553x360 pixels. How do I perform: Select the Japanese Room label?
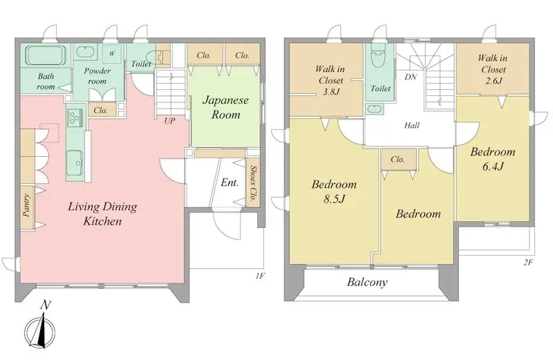pyautogui.click(x=221, y=108)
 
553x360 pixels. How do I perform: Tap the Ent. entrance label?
pyautogui.click(x=230, y=183)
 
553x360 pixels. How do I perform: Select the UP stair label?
pyautogui.click(x=169, y=120)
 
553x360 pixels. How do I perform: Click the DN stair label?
pyautogui.click(x=410, y=78)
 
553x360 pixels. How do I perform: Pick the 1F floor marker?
pyautogui.click(x=259, y=276)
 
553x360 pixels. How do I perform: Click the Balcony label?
pyautogui.click(x=367, y=283)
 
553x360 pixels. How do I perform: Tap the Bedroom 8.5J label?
pyautogui.click(x=334, y=191)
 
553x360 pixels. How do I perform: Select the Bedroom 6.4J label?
pyautogui.click(x=494, y=159)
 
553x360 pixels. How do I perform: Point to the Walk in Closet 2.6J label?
pyautogui.click(x=492, y=70)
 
